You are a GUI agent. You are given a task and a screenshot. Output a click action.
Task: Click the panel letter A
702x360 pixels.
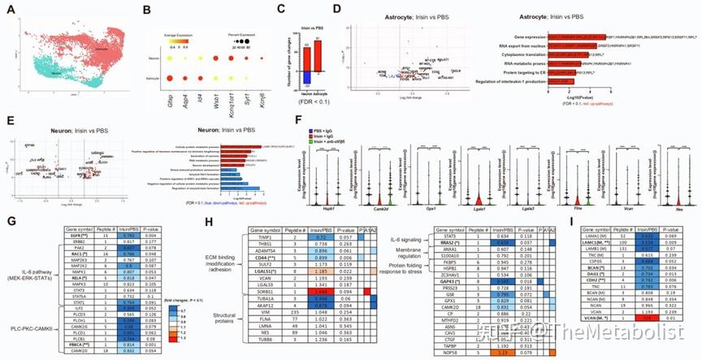point(10,11)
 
